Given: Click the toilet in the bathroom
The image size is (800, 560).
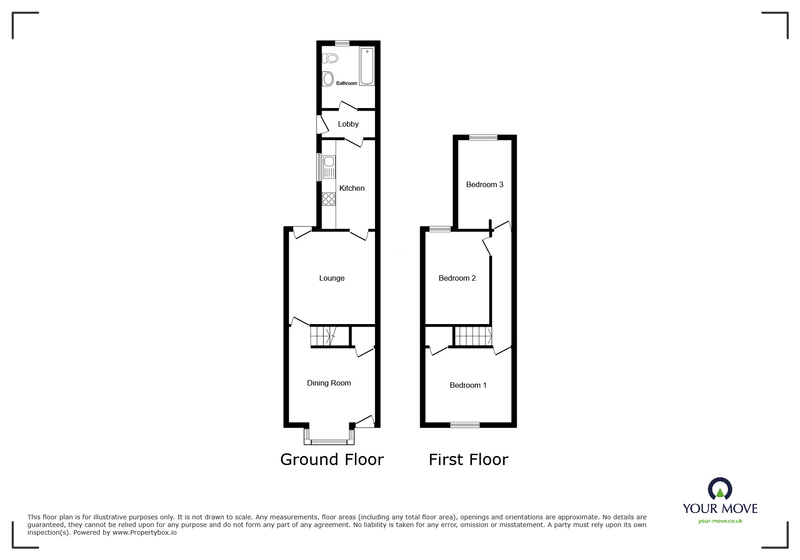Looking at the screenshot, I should (331, 58).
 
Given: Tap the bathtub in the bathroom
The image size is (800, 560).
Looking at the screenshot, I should (367, 66).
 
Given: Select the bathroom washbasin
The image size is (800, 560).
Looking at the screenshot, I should (328, 79).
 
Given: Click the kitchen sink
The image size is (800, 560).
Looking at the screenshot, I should (328, 166).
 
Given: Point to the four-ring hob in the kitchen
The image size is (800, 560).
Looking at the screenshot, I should (328, 199).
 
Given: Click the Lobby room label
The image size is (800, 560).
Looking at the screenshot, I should (348, 124).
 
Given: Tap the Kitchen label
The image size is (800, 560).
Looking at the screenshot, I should (352, 188).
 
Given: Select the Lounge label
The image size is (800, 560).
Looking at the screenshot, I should (332, 278).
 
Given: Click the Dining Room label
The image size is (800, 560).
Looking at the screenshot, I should (329, 383).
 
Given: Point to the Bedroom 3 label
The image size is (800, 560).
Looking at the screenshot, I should (485, 184).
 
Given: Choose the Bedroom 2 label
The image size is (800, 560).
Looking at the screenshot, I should (457, 278).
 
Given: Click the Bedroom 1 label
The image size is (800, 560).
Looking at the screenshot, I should (468, 385).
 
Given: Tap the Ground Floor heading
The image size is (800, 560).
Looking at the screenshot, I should (332, 460).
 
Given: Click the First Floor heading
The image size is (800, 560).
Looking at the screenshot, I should (468, 460).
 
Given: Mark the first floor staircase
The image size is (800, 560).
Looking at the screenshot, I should (473, 336).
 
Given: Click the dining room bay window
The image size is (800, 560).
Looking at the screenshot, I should (329, 441).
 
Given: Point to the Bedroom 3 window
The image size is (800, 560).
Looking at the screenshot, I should (483, 137).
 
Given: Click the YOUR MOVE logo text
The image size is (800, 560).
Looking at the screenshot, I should (720, 508).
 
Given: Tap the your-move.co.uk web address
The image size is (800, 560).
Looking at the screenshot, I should (720, 521).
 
